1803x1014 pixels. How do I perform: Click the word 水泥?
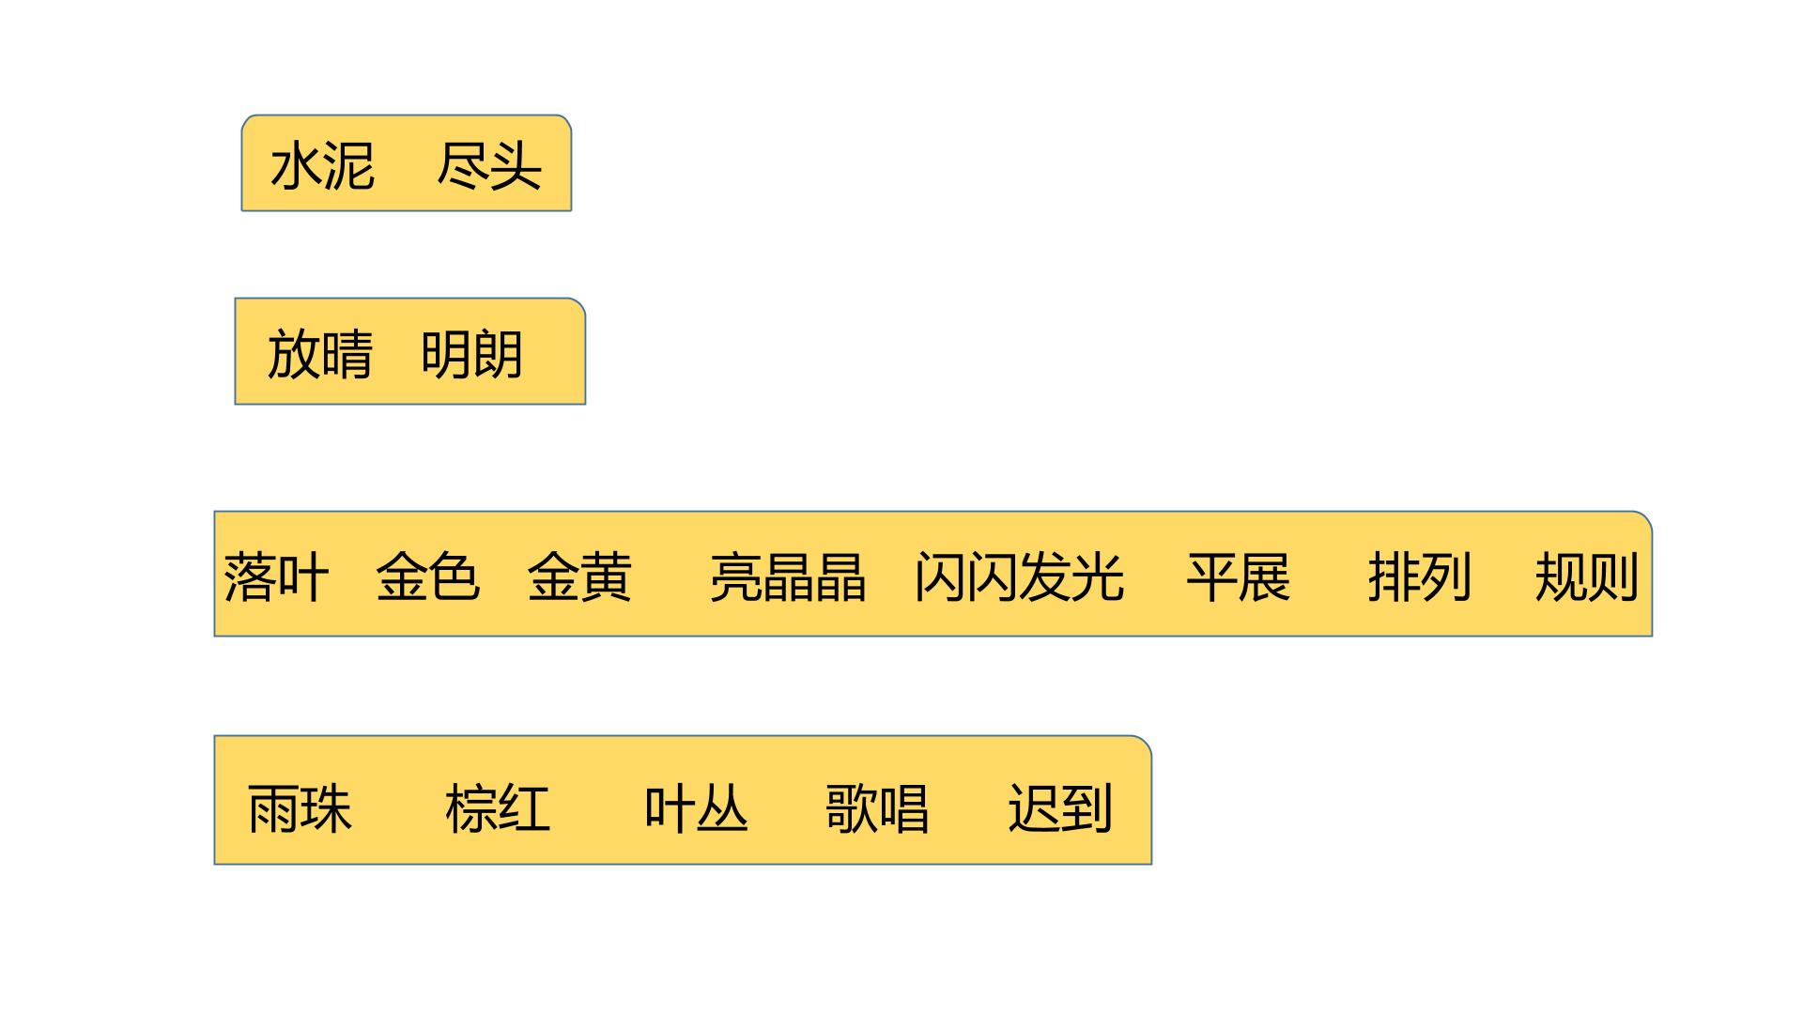point(323,167)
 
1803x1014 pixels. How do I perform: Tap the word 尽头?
point(489,167)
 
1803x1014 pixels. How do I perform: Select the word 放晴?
point(320,355)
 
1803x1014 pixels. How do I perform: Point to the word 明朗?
point(471,355)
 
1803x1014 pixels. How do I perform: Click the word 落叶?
point(276,576)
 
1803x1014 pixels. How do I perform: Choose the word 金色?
point(428,576)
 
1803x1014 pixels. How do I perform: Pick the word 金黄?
point(579,576)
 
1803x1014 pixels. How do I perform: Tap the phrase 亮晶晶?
point(788,576)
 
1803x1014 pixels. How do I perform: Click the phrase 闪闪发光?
point(1019,576)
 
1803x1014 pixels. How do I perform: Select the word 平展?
point(1239,576)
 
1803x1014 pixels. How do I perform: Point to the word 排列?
point(1419,576)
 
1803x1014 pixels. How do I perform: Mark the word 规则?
point(1587,576)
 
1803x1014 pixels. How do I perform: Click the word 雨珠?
point(300,809)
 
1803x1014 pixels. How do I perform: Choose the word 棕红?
point(498,809)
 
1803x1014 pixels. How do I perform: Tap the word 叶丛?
point(696,809)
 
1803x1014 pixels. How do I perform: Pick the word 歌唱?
point(877,809)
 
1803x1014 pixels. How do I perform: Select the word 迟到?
point(1060,809)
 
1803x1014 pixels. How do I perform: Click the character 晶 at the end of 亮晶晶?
point(840,576)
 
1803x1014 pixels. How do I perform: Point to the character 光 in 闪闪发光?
point(1099,576)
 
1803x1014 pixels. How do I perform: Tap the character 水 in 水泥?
point(297,167)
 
